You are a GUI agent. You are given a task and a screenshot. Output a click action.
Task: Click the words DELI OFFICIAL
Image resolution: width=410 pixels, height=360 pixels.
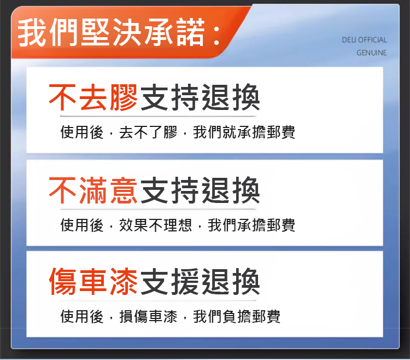click(x=364, y=40)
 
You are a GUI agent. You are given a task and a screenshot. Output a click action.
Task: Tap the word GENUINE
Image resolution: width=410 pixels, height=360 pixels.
click(x=372, y=53)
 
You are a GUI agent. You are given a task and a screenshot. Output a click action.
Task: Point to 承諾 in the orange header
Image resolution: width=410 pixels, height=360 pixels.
click(x=174, y=32)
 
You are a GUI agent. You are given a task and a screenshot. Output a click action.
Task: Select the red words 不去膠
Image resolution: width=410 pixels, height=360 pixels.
click(x=93, y=97)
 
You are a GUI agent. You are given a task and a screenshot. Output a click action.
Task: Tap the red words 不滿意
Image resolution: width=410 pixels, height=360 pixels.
click(x=93, y=190)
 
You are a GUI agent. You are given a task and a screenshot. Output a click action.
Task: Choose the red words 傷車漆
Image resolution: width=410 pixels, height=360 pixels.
click(x=93, y=282)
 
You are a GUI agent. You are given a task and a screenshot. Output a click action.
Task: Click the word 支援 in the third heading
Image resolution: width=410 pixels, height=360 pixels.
click(x=169, y=282)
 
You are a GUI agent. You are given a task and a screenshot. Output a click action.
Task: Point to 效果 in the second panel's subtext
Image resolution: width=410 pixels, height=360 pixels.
click(x=133, y=225)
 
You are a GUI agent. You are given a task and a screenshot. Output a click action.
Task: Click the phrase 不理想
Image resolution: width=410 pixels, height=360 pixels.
click(x=170, y=225)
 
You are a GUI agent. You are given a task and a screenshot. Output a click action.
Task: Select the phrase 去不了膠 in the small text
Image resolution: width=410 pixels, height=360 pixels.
click(x=148, y=132)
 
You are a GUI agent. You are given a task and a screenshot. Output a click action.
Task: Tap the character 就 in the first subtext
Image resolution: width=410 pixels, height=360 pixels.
click(x=230, y=132)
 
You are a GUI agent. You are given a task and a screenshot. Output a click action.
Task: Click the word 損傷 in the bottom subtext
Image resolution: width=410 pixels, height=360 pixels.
click(x=133, y=316)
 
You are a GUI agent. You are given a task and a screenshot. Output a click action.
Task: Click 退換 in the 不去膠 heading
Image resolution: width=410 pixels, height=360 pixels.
click(x=231, y=97)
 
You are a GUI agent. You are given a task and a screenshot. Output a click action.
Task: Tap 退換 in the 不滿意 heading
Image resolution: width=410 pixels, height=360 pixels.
click(x=231, y=190)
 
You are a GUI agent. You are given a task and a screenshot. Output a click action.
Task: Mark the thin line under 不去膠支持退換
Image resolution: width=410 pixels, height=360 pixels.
click(x=158, y=116)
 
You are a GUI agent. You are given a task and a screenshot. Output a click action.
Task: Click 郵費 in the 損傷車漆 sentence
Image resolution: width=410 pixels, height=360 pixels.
click(x=266, y=316)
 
